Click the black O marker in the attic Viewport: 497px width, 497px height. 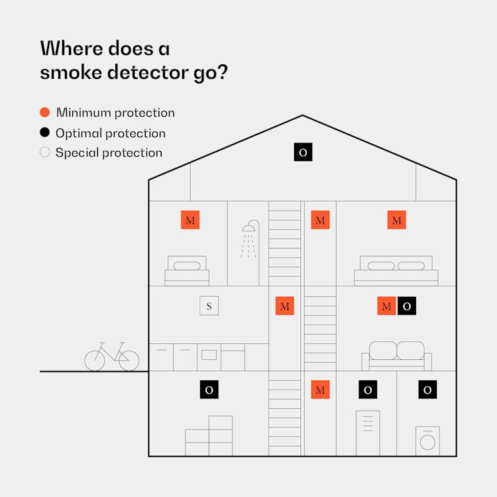[303, 152]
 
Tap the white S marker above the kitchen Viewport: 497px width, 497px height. [209, 305]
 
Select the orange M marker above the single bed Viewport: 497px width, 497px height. [191, 220]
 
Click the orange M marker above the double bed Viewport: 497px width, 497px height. [397, 220]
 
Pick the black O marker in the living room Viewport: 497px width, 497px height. [407, 305]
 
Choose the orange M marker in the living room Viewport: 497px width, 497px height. [386, 305]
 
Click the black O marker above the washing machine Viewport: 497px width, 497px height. [427, 390]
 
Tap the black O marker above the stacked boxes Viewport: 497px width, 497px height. [209, 390]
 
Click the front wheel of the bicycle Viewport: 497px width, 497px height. [129, 360]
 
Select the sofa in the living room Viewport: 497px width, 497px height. [396, 357]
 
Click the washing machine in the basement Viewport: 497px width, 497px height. [427, 441]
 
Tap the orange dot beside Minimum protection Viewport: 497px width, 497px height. [45, 113]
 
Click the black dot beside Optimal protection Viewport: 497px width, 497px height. [45, 133]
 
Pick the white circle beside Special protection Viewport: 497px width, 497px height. [45, 152]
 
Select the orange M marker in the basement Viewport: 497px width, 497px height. [320, 390]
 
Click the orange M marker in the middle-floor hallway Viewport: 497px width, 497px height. [285, 305]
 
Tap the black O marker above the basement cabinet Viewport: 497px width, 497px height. [368, 390]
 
